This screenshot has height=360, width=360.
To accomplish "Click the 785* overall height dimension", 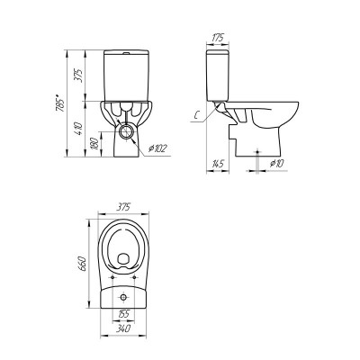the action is (60, 103).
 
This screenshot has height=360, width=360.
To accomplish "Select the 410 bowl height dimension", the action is (77, 129).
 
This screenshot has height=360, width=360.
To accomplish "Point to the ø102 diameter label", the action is (157, 148).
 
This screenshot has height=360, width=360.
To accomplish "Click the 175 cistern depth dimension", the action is (219, 38).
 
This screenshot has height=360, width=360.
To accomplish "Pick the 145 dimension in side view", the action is (218, 164).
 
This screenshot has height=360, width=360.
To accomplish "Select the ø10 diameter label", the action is (276, 164).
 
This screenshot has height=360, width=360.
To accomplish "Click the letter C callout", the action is (196, 115).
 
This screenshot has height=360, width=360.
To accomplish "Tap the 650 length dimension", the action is (83, 264).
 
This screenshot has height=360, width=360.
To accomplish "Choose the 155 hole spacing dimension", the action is (123, 314).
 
